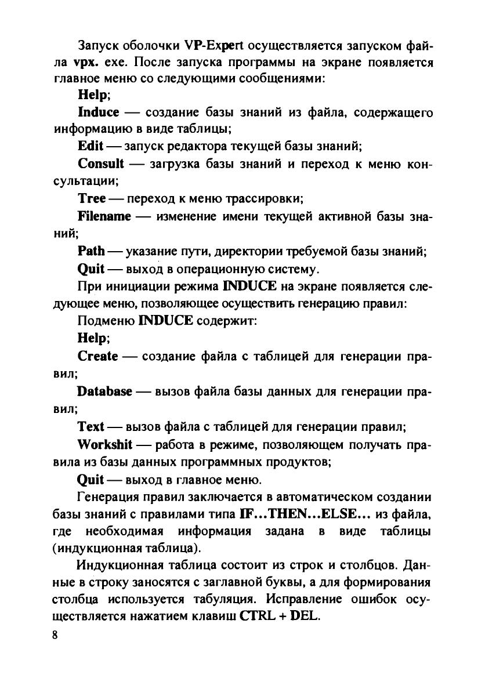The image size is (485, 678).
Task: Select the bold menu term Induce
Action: [x=98, y=111]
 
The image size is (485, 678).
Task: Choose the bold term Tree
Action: [x=92, y=198]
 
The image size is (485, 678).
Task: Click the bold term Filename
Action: [x=104, y=216]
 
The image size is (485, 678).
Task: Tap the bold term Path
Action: [x=91, y=251]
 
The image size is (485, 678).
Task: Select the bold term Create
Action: [x=98, y=355]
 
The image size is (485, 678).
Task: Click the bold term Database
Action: [x=104, y=391]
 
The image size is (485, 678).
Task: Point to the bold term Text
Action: [x=91, y=426]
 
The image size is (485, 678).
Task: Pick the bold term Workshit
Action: [x=105, y=444]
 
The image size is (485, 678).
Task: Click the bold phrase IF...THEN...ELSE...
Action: [x=305, y=513]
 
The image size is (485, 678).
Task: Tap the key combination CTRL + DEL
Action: [x=279, y=615]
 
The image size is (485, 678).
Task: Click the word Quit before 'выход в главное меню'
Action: [x=91, y=479]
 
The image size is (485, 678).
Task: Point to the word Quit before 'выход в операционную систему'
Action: [x=91, y=269]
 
